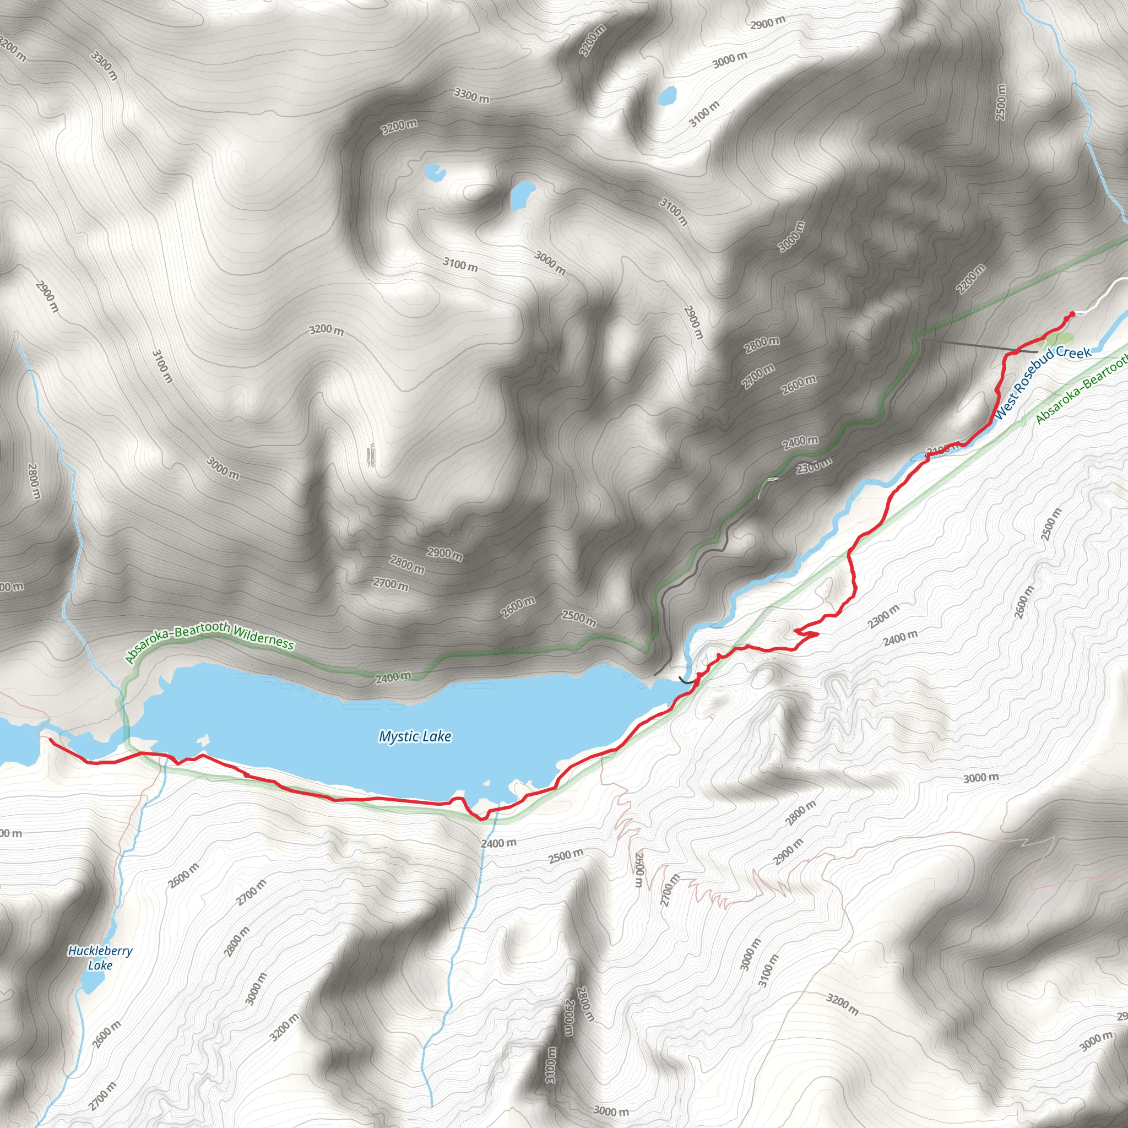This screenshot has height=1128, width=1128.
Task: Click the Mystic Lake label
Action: pyautogui.click(x=415, y=737)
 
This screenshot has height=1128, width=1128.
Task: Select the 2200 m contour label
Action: pyautogui.click(x=970, y=279)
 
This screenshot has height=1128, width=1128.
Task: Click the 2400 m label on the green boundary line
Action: pyautogui.click(x=393, y=677)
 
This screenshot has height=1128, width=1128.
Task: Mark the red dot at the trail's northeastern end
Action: pyautogui.click(x=1071, y=314)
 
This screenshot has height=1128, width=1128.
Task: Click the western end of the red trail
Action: pyautogui.click(x=50, y=740)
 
